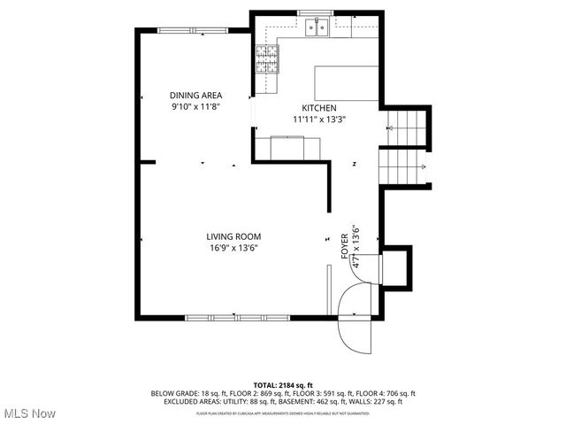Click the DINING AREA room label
[195, 95]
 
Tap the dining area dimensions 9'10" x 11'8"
[195, 106]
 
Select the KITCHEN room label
[319, 107]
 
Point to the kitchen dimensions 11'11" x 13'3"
[319, 119]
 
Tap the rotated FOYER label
[345, 245]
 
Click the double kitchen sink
[317, 28]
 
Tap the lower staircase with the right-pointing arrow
[405, 167]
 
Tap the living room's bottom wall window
[237, 316]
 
